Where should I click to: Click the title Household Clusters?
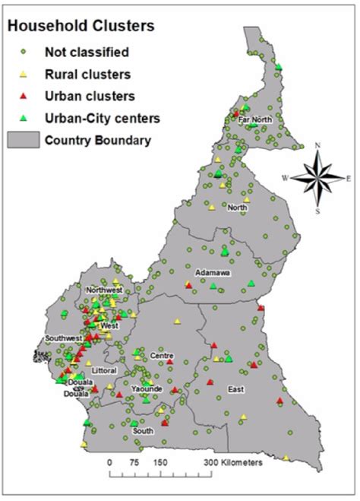81,26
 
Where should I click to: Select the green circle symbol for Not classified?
24,52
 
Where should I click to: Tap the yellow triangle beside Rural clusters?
24,74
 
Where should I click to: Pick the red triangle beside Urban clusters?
24,96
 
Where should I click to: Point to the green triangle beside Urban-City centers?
24,117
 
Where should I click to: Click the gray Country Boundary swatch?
22,139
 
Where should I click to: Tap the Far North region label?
254,119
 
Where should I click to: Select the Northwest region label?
104,290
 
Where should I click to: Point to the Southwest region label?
64,338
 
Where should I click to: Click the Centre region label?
163,356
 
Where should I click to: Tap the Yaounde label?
147,388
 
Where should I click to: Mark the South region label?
143,430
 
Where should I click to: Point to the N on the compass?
318,145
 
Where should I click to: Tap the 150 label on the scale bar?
160,462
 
